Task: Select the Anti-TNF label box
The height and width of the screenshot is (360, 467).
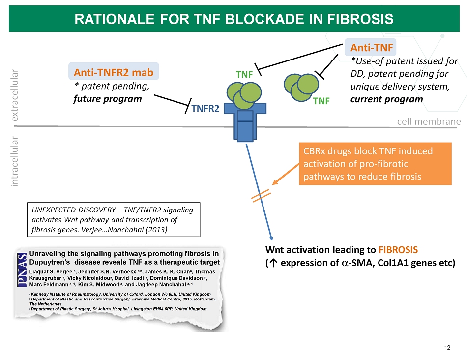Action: pyautogui.click(x=372, y=47)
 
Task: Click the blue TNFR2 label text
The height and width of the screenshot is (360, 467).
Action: pyautogui.click(x=205, y=109)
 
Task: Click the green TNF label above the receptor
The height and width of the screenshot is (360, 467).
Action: pyautogui.click(x=244, y=75)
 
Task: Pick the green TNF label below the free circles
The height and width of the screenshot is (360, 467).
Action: pyautogui.click(x=321, y=101)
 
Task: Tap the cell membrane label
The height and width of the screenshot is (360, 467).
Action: pyautogui.click(x=429, y=121)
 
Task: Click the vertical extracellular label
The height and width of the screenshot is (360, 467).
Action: pyautogui.click(x=15, y=94)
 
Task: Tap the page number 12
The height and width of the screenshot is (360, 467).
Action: pyautogui.click(x=447, y=348)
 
